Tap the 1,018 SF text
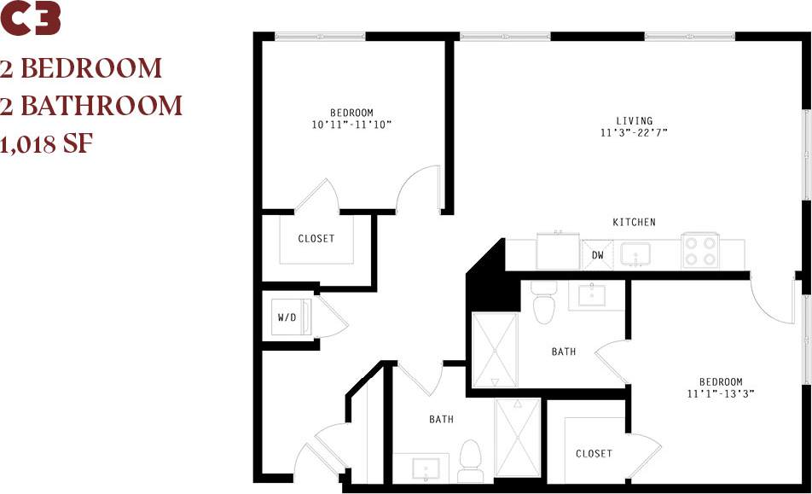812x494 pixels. (x=46, y=144)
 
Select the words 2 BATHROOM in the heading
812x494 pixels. (x=92, y=106)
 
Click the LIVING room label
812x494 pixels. (x=635, y=120)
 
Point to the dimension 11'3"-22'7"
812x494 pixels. (x=635, y=132)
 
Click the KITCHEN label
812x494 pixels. (x=635, y=223)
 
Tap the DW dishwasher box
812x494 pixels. (x=598, y=254)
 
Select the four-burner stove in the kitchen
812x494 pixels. (x=700, y=251)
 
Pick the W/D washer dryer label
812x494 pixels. (x=287, y=318)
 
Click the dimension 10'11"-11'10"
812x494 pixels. (x=351, y=125)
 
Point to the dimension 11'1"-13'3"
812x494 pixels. (x=721, y=394)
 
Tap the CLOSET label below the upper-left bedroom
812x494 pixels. (x=316, y=239)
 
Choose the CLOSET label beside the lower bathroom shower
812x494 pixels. (x=594, y=454)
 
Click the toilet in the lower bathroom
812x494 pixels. (x=470, y=461)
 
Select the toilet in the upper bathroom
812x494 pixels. (x=543, y=300)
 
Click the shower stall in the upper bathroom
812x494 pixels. (x=495, y=350)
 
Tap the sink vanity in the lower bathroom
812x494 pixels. (x=424, y=468)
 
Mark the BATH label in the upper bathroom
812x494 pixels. (x=564, y=352)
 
